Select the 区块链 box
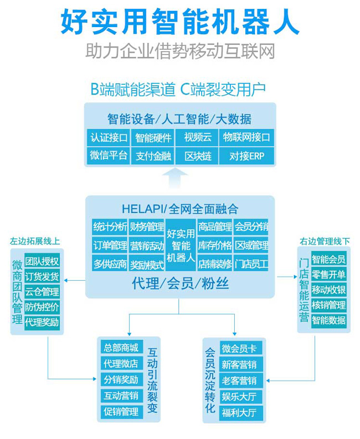coord(198,156)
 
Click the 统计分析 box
coord(110,226)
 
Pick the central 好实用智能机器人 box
coord(181,245)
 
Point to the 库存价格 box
coord(215,245)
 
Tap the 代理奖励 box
coord(42,322)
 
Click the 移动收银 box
coord(328,290)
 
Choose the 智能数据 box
coord(328,320)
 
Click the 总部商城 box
coord(120,348)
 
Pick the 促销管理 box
coord(120,411)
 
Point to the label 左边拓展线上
coord(34,241)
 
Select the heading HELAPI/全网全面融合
coord(180,209)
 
